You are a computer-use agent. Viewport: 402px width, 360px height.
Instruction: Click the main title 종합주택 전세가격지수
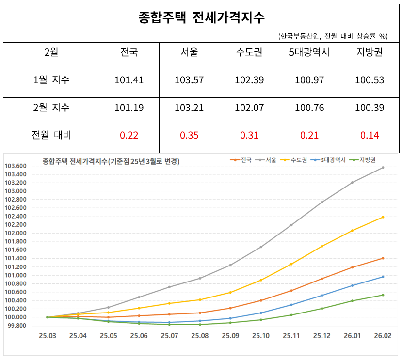click(201, 17)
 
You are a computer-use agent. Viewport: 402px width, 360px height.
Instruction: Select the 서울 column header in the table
click(189, 52)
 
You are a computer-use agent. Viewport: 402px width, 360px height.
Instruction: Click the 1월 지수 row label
click(51, 79)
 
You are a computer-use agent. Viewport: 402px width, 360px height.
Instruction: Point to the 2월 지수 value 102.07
click(249, 108)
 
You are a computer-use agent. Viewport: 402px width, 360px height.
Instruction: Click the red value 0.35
click(189, 135)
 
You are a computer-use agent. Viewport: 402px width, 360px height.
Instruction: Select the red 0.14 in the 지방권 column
click(370, 135)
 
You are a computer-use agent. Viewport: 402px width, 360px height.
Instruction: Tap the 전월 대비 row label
click(51, 135)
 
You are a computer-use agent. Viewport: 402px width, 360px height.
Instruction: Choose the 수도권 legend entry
click(294, 160)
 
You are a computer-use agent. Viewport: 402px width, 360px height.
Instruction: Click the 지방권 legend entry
click(363, 160)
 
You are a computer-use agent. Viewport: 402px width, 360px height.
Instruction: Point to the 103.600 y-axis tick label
click(16, 166)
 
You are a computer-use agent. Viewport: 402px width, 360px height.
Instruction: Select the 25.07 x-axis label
click(169, 336)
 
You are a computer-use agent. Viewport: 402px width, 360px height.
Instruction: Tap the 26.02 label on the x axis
click(383, 336)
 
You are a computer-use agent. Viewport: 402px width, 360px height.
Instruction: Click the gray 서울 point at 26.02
click(383, 168)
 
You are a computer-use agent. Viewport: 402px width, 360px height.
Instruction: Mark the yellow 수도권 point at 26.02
click(383, 217)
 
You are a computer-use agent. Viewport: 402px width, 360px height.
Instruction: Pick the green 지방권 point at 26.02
click(383, 295)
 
